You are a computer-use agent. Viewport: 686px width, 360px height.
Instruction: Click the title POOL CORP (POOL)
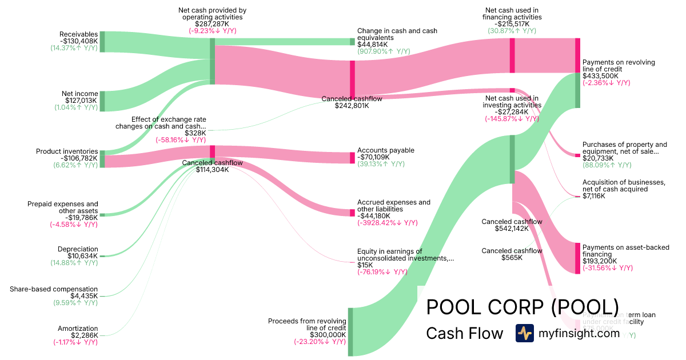pos(523,307)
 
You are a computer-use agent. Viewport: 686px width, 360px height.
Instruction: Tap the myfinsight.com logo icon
pos(524,333)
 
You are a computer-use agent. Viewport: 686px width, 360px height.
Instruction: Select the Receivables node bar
pos(102,42)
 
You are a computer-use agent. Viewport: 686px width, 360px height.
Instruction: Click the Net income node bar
pos(102,101)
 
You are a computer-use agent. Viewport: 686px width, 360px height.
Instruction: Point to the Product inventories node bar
pos(102,159)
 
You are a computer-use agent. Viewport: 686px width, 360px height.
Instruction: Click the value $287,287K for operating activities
pos(212,25)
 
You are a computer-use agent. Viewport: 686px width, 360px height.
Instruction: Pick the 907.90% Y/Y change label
pos(384,51)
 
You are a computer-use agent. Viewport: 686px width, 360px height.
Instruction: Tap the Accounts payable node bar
pos(352,158)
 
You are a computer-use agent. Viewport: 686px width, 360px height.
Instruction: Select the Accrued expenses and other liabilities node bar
pos(352,213)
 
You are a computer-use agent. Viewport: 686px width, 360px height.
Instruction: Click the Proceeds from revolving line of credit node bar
pos(351,332)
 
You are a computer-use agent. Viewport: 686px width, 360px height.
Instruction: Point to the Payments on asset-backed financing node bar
pos(577,258)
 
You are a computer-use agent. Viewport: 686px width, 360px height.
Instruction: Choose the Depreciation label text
pos(78,249)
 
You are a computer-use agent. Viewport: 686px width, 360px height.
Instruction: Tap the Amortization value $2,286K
pos(85,335)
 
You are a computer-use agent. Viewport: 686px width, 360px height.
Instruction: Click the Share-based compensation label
pos(54,289)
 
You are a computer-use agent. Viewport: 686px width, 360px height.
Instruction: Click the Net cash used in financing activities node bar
pos(512,55)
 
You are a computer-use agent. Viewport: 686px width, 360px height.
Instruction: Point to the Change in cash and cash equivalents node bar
pos(352,41)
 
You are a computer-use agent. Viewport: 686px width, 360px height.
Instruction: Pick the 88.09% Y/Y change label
pos(607,165)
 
